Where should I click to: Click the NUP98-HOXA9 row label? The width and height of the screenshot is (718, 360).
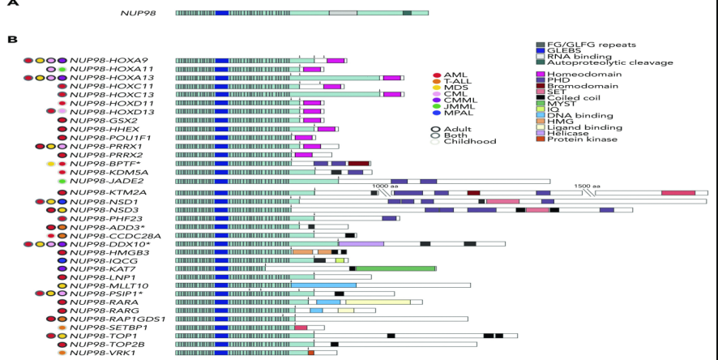(x=109, y=61)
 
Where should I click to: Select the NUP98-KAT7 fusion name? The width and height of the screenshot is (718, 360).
(x=103, y=269)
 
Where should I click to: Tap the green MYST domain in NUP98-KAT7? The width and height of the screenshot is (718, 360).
(x=395, y=268)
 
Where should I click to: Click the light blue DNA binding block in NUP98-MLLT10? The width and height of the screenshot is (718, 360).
(x=323, y=285)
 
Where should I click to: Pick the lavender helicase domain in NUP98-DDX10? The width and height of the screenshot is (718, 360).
(x=361, y=244)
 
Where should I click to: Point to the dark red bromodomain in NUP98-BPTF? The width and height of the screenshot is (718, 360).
(x=358, y=164)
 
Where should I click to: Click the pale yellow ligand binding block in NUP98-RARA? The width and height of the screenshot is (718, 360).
(x=378, y=302)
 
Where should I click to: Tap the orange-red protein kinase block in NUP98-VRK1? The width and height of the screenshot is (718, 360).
(x=311, y=353)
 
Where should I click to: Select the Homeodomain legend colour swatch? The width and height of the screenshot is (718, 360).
(x=541, y=75)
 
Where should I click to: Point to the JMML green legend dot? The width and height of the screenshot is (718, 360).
(x=437, y=106)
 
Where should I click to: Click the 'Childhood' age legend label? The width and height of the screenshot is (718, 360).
(x=470, y=142)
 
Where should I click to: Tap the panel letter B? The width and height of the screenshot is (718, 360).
(x=12, y=40)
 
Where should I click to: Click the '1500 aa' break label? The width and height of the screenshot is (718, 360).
(x=587, y=186)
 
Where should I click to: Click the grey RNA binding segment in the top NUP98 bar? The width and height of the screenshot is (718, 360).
(x=343, y=13)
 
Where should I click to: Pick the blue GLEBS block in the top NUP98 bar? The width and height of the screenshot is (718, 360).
(x=221, y=13)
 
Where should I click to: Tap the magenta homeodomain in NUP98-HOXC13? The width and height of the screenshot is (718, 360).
(x=392, y=94)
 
